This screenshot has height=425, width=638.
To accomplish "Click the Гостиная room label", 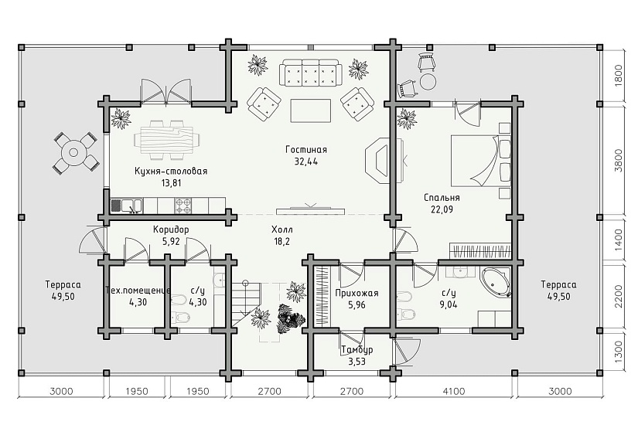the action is pyautogui.click(x=306, y=149).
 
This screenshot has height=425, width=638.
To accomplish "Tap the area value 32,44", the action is pyautogui.click(x=306, y=161).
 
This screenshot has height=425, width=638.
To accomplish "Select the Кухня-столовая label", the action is pyautogui.click(x=171, y=171).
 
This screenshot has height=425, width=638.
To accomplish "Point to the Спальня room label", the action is pyautogui.click(x=442, y=198).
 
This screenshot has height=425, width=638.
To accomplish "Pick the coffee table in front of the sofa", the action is pyautogui.click(x=310, y=110).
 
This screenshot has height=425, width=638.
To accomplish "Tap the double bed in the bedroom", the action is pyautogui.click(x=481, y=161).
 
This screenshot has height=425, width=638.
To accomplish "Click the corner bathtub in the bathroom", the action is pyautogui.click(x=496, y=281).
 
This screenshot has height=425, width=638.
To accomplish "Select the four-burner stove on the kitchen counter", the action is pyautogui.click(x=183, y=206).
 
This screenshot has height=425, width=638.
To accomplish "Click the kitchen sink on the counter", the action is pyautogui.click(x=127, y=206).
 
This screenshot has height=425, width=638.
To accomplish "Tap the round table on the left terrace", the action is pyautogui.click(x=73, y=153).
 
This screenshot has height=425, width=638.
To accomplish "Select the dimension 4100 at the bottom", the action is pyautogui.click(x=454, y=391).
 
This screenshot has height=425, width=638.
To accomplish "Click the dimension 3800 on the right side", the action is pyautogui.click(x=618, y=161).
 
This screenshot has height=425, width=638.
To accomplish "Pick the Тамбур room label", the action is pyautogui.click(x=357, y=350).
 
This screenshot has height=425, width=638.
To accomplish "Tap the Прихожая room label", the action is pyautogui.click(x=357, y=293).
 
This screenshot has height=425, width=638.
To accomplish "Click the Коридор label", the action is pyautogui.click(x=171, y=229).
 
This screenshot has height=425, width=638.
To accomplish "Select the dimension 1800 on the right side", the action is pyautogui.click(x=618, y=76).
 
